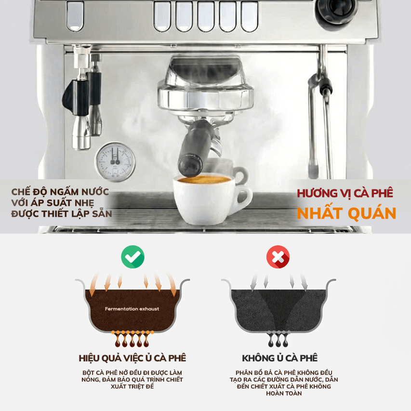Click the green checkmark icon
tap(133, 257)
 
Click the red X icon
tap(278, 257)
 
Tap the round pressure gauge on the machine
tap(115, 162)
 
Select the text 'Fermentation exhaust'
tap(132, 309)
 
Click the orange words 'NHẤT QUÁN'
tap(346, 213)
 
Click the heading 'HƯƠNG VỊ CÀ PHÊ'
tap(345, 193)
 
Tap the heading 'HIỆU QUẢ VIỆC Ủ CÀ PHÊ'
tap(133, 358)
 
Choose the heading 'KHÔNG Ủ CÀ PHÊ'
tap(279, 358)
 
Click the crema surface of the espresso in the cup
tap(204, 180)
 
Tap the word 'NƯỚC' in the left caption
tap(95, 192)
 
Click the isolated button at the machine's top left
tap(75, 16)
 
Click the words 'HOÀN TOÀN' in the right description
tap(284, 394)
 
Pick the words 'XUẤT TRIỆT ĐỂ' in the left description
tap(132, 386)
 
